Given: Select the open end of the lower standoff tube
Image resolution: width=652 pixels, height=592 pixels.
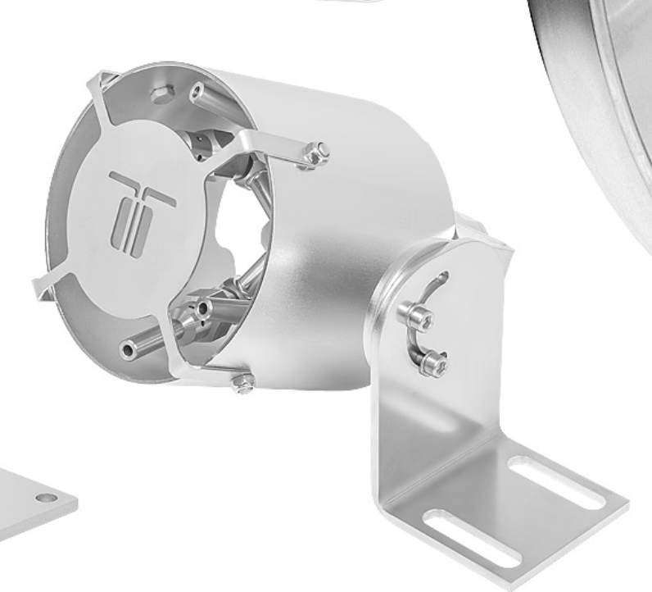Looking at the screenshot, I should pyautogui.click(x=128, y=352).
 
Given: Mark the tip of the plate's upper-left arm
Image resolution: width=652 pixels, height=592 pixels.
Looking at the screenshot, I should pyautogui.click(x=93, y=80).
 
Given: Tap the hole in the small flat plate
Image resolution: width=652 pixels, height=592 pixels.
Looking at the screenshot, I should pyautogui.click(x=48, y=498).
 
